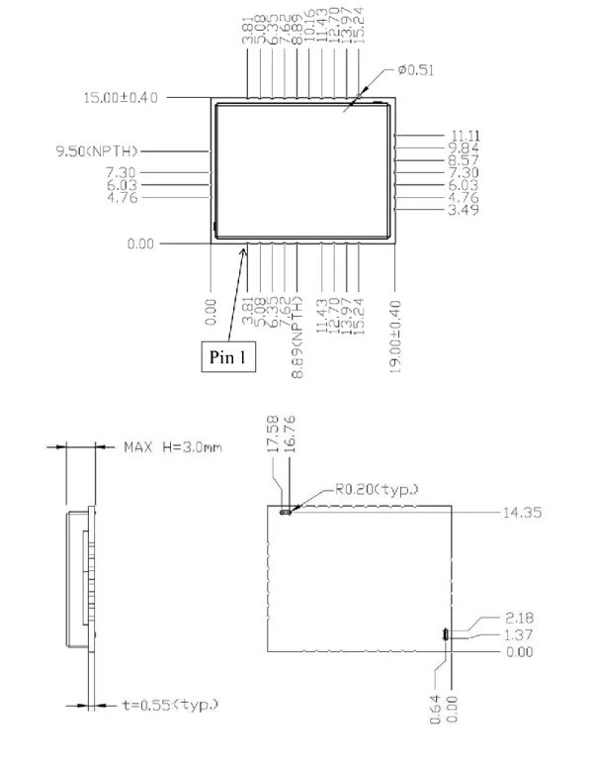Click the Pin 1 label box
[x=228, y=356]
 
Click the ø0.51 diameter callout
[x=416, y=70]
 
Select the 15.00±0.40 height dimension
[x=121, y=97]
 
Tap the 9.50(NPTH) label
[x=97, y=151]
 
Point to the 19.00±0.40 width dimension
[x=395, y=337]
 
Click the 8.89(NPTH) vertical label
[x=298, y=337]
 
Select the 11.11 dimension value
[x=465, y=136]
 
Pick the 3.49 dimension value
[x=464, y=210]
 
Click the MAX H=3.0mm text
[x=173, y=447]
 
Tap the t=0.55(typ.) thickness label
[x=170, y=706]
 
